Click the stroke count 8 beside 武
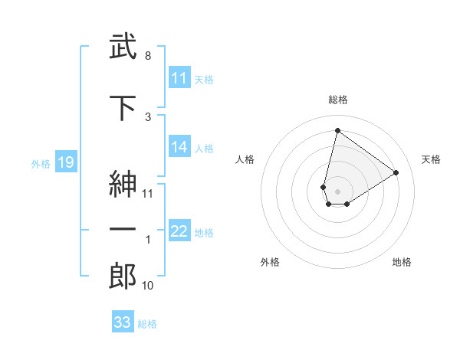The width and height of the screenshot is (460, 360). point(147,56)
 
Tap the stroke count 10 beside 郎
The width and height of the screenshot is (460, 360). point(148,286)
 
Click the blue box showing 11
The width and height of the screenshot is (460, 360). point(179,78)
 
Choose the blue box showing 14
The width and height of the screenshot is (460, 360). point(179,147)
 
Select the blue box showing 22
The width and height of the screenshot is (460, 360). point(179,231)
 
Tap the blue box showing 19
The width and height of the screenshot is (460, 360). point(65,162)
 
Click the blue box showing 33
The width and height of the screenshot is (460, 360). point(122,322)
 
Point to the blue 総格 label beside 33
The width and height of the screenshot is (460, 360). point(147,324)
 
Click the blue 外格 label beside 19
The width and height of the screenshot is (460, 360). point(41,163)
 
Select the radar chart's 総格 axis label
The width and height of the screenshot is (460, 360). point(337,100)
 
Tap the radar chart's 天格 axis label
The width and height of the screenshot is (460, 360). point(432,159)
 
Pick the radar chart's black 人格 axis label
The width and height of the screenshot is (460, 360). point(245,159)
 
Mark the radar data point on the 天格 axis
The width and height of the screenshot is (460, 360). point(396,172)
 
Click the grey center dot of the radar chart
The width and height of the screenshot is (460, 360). point(337,190)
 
